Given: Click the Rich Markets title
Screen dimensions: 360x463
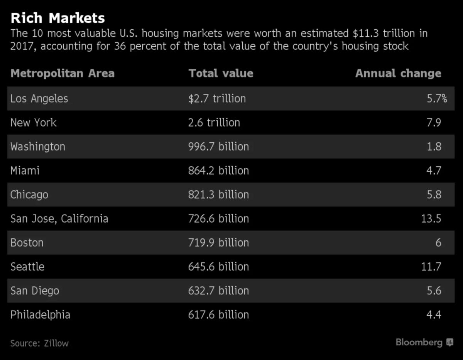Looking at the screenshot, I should [x=57, y=18].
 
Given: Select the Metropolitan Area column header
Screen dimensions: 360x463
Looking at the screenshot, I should [x=63, y=73].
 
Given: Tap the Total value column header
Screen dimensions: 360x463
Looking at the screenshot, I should [x=221, y=73].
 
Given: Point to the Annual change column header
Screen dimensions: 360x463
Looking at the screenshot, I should [x=398, y=73].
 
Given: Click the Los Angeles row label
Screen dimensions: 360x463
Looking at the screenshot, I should [x=39, y=99].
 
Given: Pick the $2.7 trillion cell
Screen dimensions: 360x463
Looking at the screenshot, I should [x=217, y=98].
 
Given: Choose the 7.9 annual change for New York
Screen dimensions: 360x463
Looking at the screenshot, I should [x=434, y=123].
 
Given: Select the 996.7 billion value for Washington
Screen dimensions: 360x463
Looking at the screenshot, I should [x=218, y=147].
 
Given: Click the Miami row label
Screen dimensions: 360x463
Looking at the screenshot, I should [x=25, y=171].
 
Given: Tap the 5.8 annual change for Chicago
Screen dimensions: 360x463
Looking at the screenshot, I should [x=434, y=194].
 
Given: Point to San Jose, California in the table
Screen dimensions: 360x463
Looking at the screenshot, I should [x=59, y=219].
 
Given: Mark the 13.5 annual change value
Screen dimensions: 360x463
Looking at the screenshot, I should [x=431, y=219].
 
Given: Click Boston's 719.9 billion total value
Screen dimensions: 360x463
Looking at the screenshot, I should [x=218, y=243].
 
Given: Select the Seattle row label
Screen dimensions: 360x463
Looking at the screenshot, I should [x=27, y=267].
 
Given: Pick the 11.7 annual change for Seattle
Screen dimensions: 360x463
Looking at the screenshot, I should [x=431, y=267].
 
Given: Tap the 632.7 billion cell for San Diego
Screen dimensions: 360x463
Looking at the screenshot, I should [x=218, y=291].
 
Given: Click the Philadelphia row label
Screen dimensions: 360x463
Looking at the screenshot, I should [x=40, y=315].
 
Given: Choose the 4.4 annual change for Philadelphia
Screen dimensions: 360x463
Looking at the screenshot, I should [x=434, y=315].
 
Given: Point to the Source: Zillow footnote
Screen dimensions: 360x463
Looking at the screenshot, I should [x=39, y=343].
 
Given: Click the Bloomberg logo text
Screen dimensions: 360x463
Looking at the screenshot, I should [x=419, y=342].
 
